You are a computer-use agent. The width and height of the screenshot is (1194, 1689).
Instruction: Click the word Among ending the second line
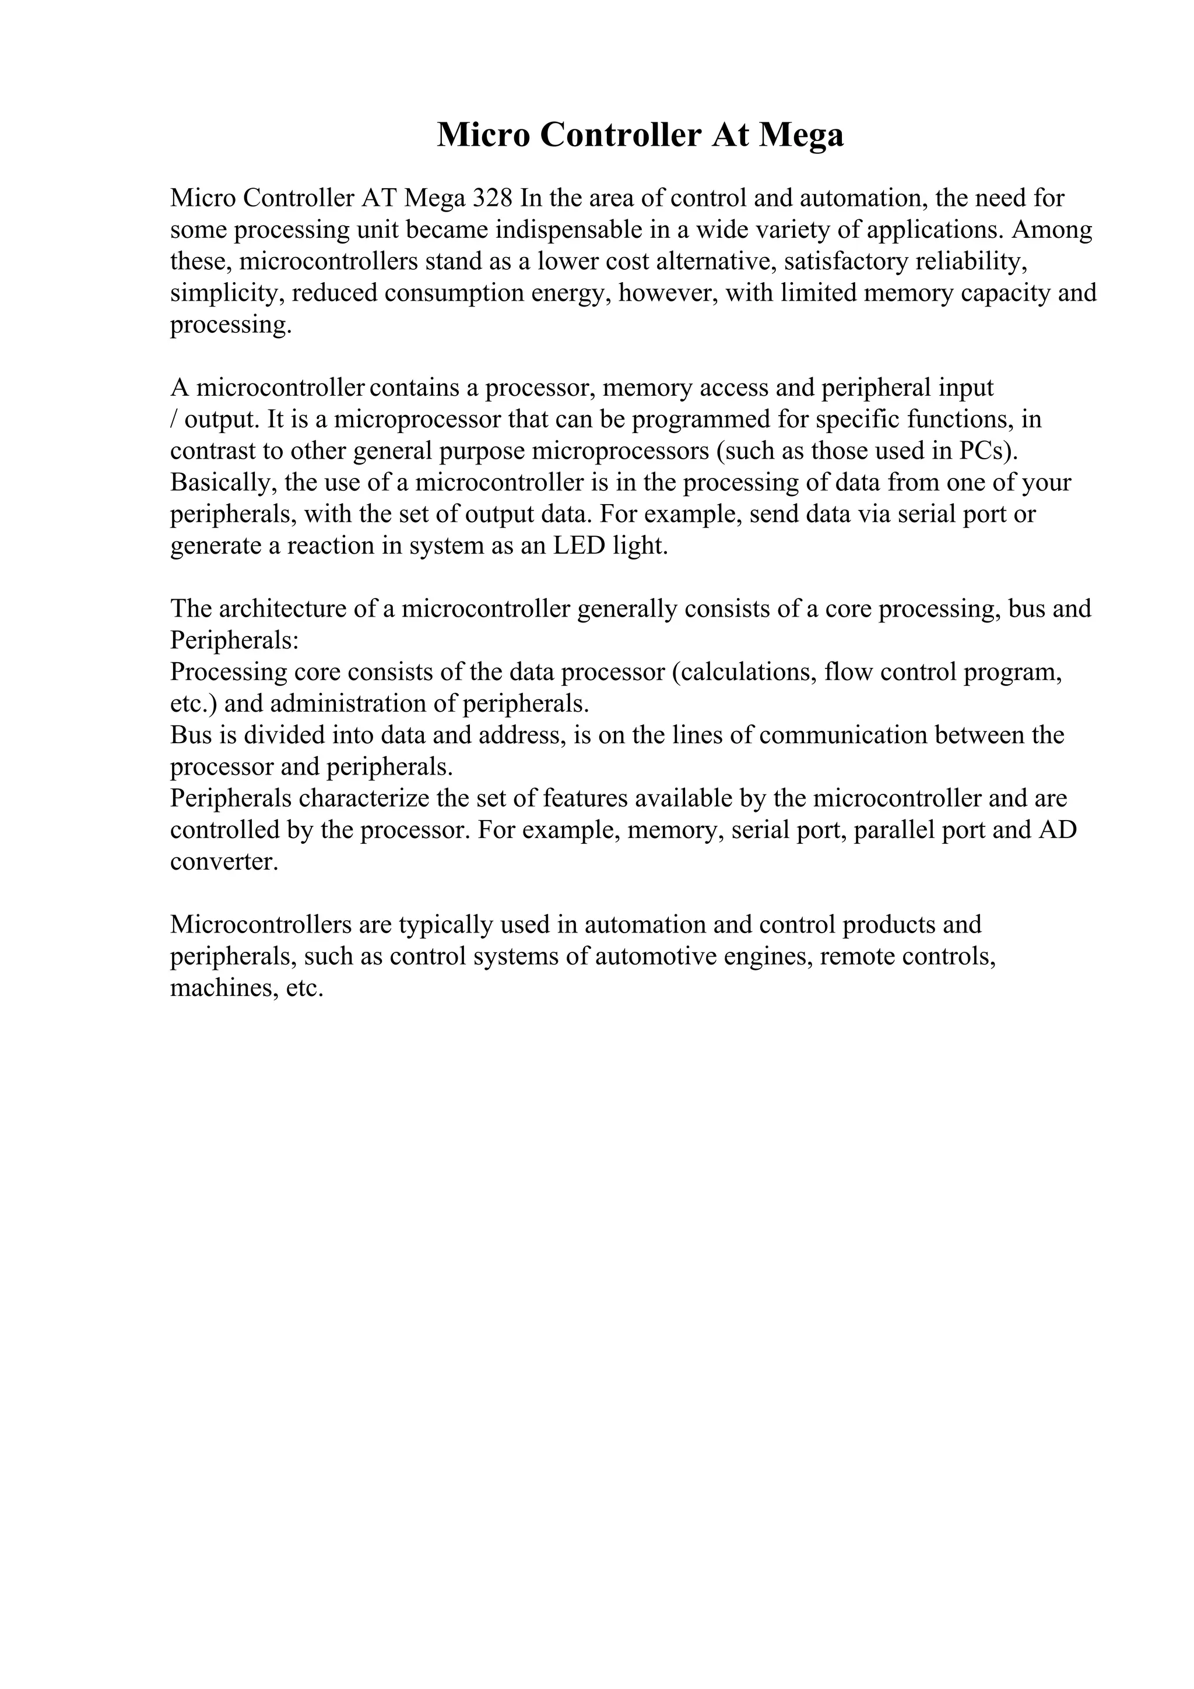1052,230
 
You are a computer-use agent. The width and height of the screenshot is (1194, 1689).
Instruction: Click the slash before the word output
173,420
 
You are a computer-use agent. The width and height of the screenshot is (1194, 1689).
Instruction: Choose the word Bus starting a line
190,736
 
